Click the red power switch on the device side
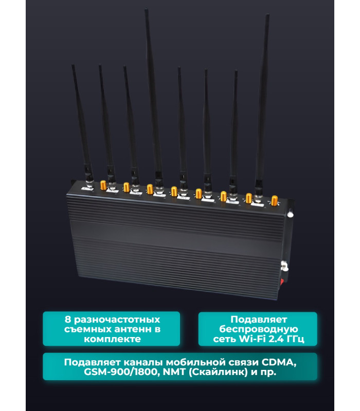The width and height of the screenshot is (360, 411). (x=282, y=281)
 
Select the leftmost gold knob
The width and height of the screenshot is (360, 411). (x=103, y=185)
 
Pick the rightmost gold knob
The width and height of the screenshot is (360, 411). (x=275, y=200)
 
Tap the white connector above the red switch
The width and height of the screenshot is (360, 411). (x=284, y=266)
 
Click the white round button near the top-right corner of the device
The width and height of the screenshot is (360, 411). (x=290, y=214)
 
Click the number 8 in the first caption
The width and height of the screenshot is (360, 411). (x=68, y=320)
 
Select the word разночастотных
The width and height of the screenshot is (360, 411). (x=117, y=320)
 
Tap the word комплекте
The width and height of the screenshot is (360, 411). (x=112, y=339)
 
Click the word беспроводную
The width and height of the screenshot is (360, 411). (x=259, y=329)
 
